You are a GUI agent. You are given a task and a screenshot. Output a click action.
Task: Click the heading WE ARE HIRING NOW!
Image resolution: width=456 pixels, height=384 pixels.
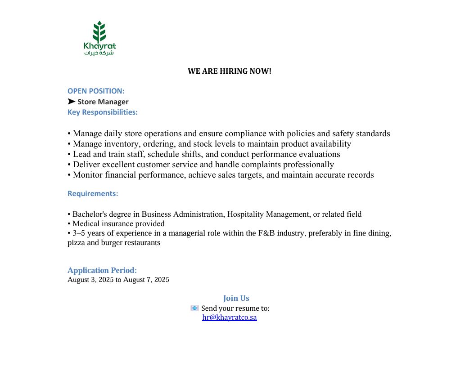click(x=230, y=71)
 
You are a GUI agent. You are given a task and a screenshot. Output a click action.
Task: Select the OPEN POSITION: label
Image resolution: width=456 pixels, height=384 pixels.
click(x=96, y=91)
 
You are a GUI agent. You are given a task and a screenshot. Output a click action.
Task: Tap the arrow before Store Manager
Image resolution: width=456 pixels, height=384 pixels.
click(x=72, y=102)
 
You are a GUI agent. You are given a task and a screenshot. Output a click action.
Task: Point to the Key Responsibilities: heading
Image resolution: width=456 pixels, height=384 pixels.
click(x=103, y=112)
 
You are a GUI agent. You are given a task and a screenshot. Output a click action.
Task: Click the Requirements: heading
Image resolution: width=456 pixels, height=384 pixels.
click(x=93, y=193)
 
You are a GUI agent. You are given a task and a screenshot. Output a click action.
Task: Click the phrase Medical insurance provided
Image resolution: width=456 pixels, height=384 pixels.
click(x=118, y=223)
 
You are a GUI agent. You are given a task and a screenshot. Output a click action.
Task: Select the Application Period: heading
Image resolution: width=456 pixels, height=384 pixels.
click(x=102, y=270)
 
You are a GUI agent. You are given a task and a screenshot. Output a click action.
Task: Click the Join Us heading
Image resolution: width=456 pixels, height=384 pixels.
click(x=236, y=298)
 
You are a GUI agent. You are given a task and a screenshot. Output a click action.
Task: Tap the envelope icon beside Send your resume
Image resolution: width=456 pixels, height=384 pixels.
click(x=194, y=308)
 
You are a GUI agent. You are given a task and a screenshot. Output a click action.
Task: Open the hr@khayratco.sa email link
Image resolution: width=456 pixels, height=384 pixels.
click(x=230, y=317)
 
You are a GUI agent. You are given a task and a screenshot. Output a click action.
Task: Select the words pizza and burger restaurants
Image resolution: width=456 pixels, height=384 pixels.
click(x=114, y=243)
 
